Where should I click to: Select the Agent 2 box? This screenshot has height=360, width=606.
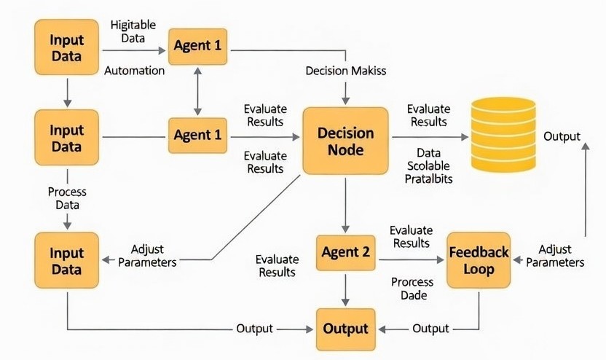click(345, 253)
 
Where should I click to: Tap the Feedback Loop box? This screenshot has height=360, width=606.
click(479, 260)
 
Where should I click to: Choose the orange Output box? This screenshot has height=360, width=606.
click(345, 329)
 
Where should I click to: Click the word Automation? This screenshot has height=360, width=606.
click(135, 71)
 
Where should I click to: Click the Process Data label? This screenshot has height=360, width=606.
click(67, 198)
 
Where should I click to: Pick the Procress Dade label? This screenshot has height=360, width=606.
click(412, 289)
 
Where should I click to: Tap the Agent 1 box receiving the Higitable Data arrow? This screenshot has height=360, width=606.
click(197, 45)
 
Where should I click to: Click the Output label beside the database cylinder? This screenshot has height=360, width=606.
click(562, 136)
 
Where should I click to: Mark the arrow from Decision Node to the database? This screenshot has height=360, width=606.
click(430, 136)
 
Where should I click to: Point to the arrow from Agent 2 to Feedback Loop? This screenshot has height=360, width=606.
click(412, 259)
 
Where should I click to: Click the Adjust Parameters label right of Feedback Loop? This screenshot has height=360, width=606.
click(555, 255)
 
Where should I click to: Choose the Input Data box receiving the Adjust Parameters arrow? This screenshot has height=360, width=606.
click(66, 261)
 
